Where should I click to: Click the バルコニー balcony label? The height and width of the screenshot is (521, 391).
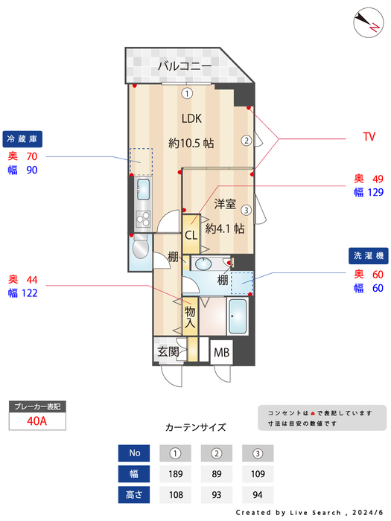pyautogui.click(x=184, y=67)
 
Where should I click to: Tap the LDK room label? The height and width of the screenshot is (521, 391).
pyautogui.click(x=191, y=118)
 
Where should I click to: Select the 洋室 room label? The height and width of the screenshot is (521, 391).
pyautogui.click(x=225, y=203)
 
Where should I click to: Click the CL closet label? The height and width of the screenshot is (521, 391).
pyautogui.click(x=191, y=235)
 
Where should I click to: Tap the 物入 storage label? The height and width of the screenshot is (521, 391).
pyautogui.click(x=190, y=317)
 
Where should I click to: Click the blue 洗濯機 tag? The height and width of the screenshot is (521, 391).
pyautogui.click(x=368, y=255)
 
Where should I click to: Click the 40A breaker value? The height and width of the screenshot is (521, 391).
pyautogui.click(x=37, y=421)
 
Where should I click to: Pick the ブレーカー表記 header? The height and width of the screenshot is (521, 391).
pyautogui.click(x=37, y=406)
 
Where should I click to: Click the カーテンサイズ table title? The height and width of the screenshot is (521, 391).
pyautogui.click(x=195, y=427)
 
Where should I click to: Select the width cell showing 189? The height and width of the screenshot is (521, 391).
pyautogui.click(x=176, y=473)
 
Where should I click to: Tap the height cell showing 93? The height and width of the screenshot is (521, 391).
pyautogui.click(x=217, y=494)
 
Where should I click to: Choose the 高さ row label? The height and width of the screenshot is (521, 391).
pyautogui.click(x=135, y=494)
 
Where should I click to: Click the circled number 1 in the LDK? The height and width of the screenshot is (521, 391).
pyautogui.click(x=188, y=93)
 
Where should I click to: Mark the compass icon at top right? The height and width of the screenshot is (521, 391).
pyautogui.click(x=366, y=21)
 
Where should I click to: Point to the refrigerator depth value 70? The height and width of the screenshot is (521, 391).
pyautogui.click(x=31, y=156)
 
